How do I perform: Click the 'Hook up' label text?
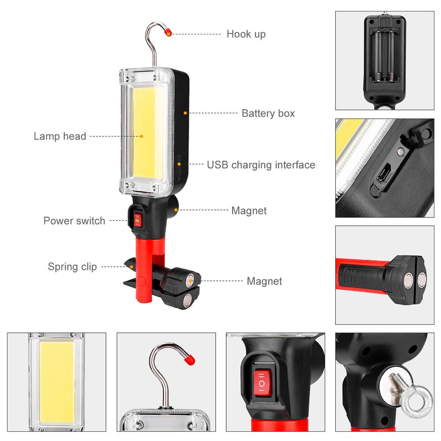(x=246, y=34)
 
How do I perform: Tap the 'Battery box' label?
(x=268, y=113)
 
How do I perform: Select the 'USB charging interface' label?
(x=261, y=165)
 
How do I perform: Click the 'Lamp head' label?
(x=60, y=136)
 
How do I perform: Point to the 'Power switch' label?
(x=74, y=221)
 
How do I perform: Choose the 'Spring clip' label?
(x=72, y=267)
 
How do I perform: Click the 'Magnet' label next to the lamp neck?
(x=249, y=211)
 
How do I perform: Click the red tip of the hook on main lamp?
(x=168, y=32)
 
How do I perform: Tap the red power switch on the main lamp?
(x=138, y=219)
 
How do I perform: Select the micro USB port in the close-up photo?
(x=382, y=173)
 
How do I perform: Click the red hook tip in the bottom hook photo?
(x=189, y=359)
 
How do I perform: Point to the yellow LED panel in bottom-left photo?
(x=56, y=382)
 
